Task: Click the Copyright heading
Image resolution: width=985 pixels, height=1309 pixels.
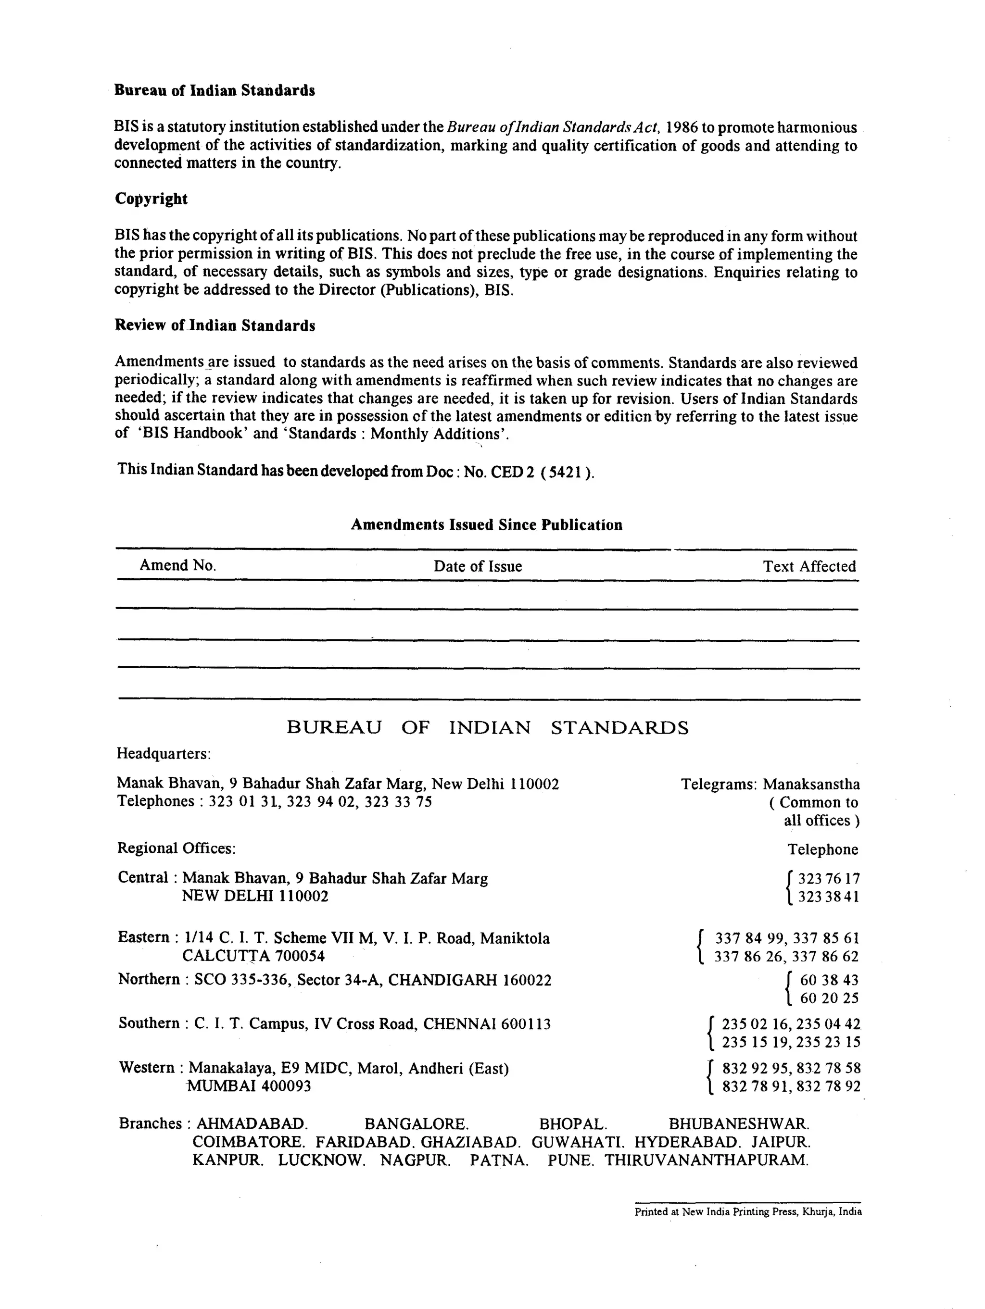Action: click(151, 199)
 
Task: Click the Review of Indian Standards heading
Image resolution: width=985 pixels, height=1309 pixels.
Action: click(215, 325)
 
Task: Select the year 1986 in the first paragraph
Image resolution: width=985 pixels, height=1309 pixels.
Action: click(682, 128)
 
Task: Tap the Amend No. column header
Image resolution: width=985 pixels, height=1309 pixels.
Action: click(177, 566)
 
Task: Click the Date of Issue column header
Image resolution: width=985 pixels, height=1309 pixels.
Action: click(478, 566)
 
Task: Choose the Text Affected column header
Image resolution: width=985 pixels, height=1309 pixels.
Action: click(809, 566)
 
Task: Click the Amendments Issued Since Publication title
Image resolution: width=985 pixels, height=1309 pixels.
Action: click(487, 525)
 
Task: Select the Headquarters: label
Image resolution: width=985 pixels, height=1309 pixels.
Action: click(164, 754)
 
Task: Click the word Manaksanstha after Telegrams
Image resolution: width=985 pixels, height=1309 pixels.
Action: click(811, 785)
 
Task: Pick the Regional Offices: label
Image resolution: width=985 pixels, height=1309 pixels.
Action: click(177, 848)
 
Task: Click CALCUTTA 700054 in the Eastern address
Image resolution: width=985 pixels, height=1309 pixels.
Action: click(253, 956)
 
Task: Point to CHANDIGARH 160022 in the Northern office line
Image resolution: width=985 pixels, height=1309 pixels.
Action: click(469, 981)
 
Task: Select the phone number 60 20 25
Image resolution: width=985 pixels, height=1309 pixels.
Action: click(829, 999)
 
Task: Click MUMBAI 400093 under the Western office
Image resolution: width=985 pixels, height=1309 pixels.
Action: click(249, 1086)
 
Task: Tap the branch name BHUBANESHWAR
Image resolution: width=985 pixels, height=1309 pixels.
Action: click(739, 1124)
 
